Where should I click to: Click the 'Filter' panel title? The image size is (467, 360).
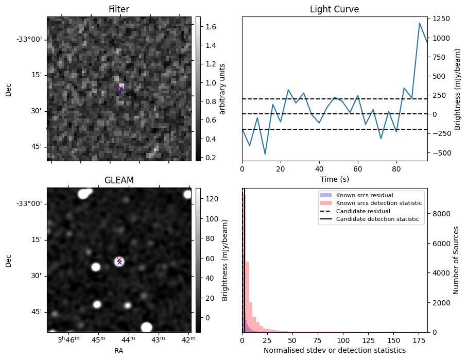click(x=118, y=9)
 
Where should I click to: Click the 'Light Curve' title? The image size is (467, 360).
click(x=334, y=9)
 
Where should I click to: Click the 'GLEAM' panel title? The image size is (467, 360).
click(x=118, y=180)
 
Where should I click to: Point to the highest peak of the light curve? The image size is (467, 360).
click(x=420, y=23)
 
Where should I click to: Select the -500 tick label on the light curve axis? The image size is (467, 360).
click(x=443, y=152)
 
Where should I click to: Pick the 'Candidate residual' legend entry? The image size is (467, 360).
click(x=363, y=212)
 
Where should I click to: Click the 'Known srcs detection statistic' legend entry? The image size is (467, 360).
click(x=378, y=203)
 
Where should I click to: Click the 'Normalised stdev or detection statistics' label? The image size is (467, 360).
click(x=334, y=350)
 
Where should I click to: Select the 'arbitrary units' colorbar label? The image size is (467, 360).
click(x=222, y=89)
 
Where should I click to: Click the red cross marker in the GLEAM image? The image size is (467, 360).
click(x=119, y=260)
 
